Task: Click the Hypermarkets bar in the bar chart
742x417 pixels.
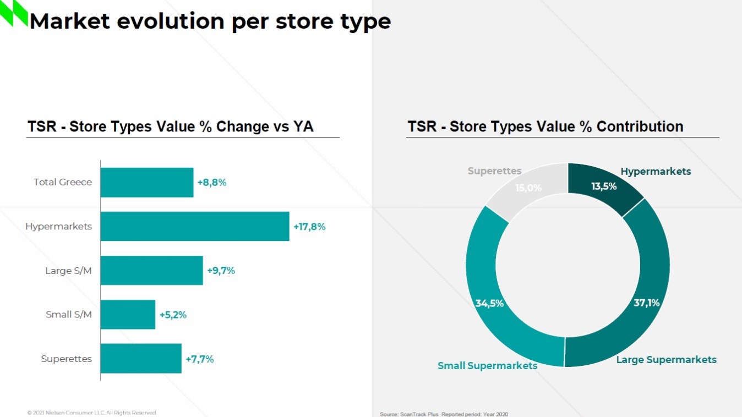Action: (194, 226)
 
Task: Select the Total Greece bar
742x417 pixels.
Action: (147, 182)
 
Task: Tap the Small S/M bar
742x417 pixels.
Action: (128, 315)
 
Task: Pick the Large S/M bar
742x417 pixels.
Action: (151, 270)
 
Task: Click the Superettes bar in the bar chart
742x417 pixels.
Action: (141, 359)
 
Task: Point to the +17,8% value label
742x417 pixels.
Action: (309, 227)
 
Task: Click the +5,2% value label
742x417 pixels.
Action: (173, 315)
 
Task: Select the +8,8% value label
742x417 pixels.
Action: (212, 183)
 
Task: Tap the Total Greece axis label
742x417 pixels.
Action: (63, 182)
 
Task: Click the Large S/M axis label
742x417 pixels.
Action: (68, 271)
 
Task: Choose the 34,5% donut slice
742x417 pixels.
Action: (490, 297)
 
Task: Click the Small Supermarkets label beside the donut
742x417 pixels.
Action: (487, 366)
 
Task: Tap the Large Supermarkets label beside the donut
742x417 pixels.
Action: (666, 360)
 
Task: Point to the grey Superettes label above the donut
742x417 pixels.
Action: (494, 171)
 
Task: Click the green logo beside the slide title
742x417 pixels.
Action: (14, 13)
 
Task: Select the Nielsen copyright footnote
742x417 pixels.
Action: (92, 413)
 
